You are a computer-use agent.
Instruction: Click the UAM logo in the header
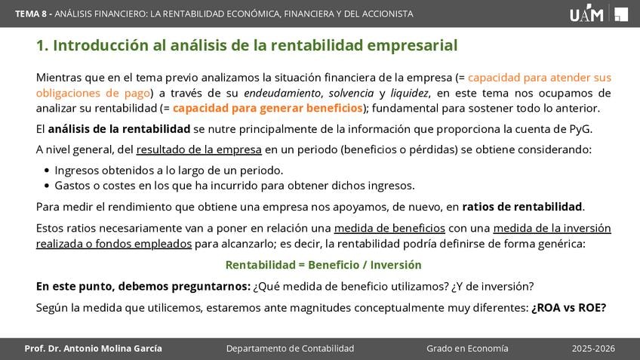coord(586,14)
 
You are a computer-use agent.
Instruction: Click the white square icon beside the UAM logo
coord(621,14)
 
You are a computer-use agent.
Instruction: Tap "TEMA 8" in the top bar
coord(31,14)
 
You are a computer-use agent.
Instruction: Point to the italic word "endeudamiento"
coord(282,93)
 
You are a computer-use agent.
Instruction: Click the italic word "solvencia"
coord(351,93)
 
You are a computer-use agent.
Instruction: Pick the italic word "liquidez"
coord(409,93)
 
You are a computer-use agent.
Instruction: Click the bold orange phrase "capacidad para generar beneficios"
coord(268,108)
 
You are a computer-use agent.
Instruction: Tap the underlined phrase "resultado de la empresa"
coord(198,149)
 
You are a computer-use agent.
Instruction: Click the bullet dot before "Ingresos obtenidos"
coord(47,171)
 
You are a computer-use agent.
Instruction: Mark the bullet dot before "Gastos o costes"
coord(47,186)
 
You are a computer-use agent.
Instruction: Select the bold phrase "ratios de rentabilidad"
coord(522,207)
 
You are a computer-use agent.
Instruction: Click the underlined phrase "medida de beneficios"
coord(389,228)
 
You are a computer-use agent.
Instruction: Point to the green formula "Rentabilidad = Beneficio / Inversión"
coord(323,265)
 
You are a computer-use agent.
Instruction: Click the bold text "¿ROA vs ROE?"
coord(568,307)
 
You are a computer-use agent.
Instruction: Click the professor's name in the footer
coord(93,349)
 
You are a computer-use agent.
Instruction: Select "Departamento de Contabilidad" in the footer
coord(291,349)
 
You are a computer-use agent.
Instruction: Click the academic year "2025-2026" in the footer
coord(593,349)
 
